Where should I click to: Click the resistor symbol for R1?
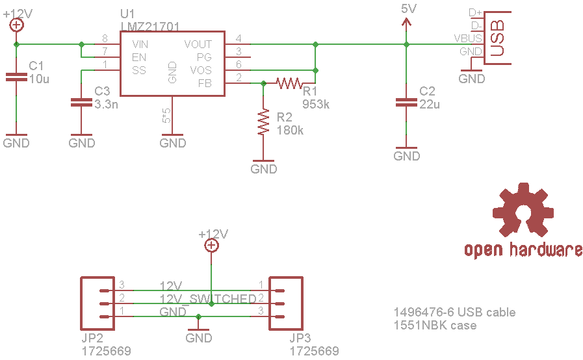tap(289, 83)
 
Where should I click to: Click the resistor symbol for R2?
tap(263, 122)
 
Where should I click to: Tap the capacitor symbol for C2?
tap(407, 102)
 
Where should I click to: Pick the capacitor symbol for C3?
tap(81, 102)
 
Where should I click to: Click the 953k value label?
tap(316, 104)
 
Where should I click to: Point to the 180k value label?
tap(290, 130)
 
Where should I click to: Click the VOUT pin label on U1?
tap(198, 44)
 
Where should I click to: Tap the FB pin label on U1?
tap(205, 83)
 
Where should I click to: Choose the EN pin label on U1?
tap(138, 57)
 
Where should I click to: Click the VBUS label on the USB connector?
tap(468, 39)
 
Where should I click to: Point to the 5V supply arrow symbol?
tap(407, 23)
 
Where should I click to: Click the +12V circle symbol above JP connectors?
tap(211, 245)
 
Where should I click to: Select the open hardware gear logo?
tap(523, 211)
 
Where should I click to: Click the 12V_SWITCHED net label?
tap(208, 298)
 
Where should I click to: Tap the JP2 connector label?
tap(94, 339)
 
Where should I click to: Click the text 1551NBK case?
tap(435, 325)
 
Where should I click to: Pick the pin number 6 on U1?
tap(239, 65)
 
